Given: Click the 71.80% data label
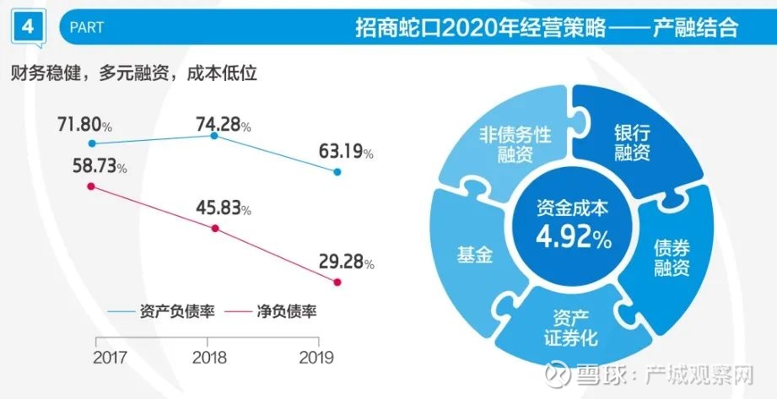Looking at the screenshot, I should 84,126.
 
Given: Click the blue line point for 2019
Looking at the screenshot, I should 337,172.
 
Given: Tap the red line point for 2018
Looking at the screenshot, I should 216,229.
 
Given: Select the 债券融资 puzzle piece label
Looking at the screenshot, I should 672,257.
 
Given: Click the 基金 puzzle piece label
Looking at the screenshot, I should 474,255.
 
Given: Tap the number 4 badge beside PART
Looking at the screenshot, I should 29,27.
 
